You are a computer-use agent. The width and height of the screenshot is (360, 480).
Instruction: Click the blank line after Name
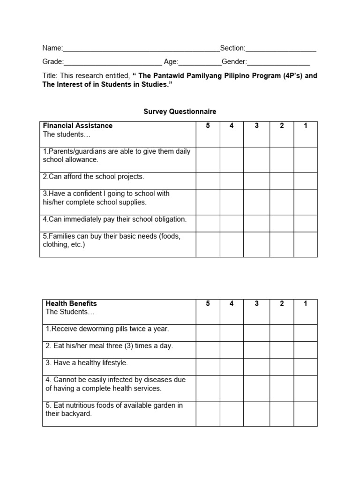[x=141, y=49]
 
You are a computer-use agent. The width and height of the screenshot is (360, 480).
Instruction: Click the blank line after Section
[x=281, y=49]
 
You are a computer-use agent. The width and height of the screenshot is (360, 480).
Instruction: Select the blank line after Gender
[x=278, y=62]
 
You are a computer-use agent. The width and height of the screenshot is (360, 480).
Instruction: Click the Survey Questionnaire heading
[x=180, y=112]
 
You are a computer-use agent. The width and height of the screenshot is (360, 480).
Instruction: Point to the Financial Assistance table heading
[x=78, y=126]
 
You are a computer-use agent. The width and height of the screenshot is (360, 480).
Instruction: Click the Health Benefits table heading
[x=71, y=304]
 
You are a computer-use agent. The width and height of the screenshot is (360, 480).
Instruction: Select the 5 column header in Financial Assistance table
[x=208, y=126]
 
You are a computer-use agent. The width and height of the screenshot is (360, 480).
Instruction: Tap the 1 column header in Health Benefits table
[x=305, y=304]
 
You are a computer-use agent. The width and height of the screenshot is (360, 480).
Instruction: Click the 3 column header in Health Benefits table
[x=256, y=304]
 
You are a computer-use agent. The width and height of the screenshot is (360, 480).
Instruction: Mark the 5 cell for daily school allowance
[x=208, y=159]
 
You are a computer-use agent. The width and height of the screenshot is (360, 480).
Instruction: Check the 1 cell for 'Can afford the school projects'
[x=305, y=180]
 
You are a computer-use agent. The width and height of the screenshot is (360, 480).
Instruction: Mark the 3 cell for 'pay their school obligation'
[x=256, y=223]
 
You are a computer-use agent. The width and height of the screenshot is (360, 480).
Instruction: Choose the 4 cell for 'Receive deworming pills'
[x=232, y=333]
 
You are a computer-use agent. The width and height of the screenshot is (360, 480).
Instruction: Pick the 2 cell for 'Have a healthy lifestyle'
[x=282, y=367]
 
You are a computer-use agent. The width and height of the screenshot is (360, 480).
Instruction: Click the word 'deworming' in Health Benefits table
[x=93, y=329]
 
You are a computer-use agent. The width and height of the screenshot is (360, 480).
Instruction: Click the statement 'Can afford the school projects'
[x=94, y=177]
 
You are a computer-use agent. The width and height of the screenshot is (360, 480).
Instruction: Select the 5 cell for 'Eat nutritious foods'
[x=208, y=409]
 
